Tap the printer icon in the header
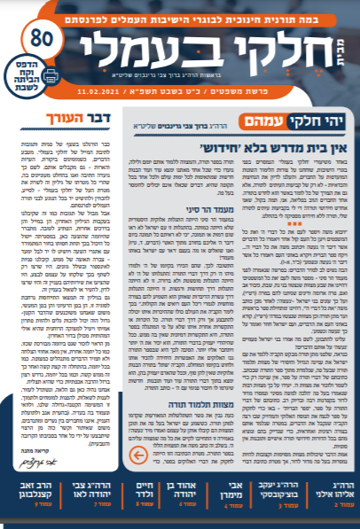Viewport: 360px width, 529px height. [x=27, y=77]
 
